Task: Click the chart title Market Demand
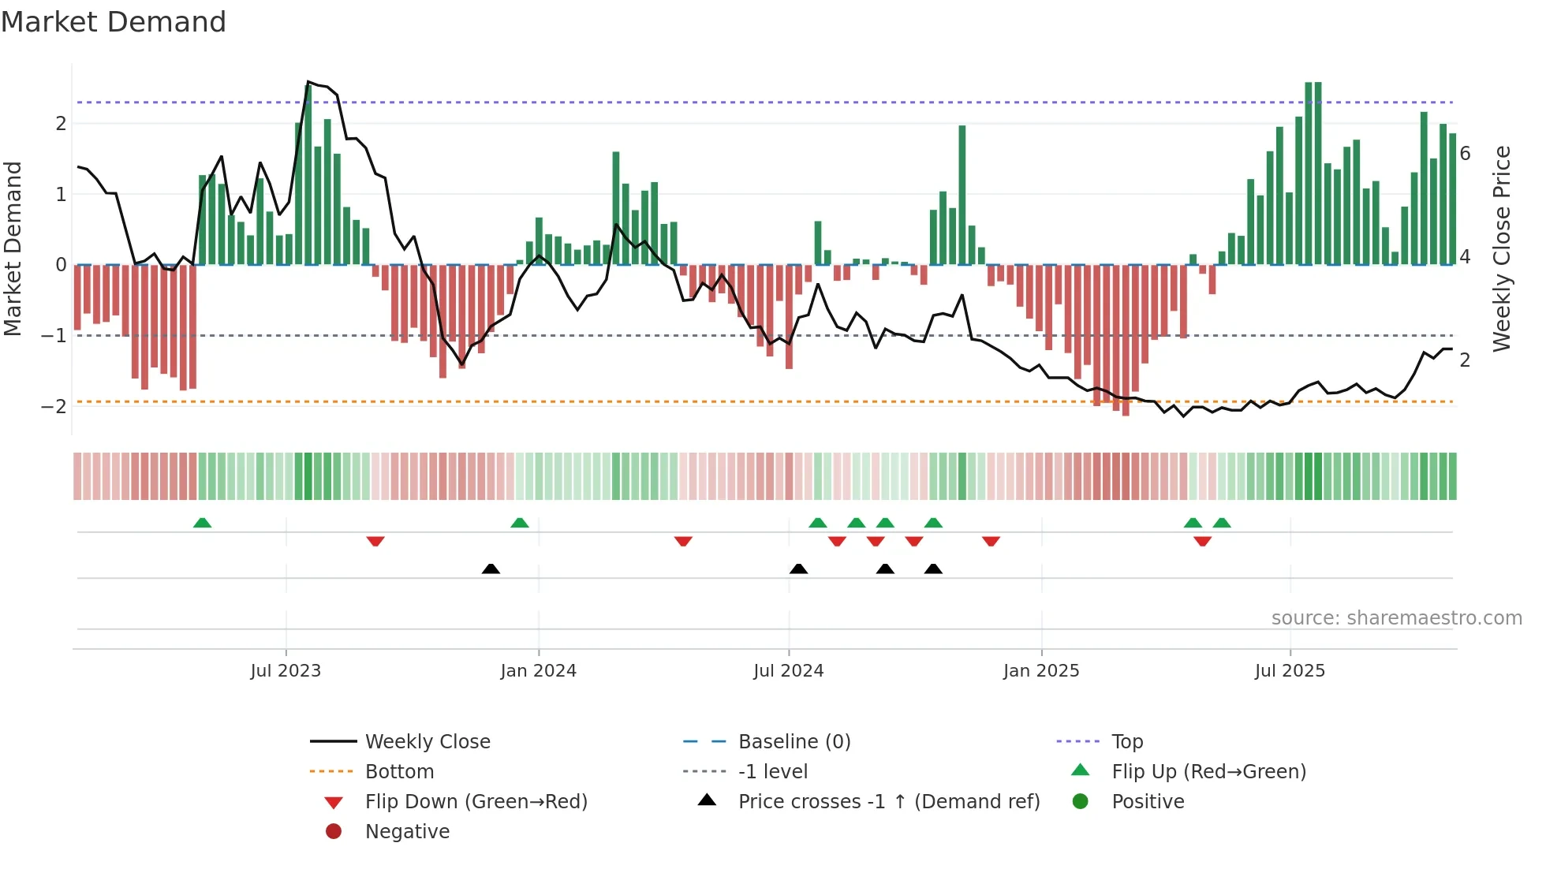pyautogui.click(x=114, y=22)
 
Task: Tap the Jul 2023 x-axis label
pyautogui.click(x=286, y=671)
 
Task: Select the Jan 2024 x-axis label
pyautogui.click(x=538, y=671)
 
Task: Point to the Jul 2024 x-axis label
pyautogui.click(x=788, y=671)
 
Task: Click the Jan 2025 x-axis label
pyautogui.click(x=1041, y=671)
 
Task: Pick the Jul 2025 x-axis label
pyautogui.click(x=1290, y=671)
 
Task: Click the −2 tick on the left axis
pyautogui.click(x=54, y=407)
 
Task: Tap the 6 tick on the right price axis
pyautogui.click(x=1465, y=154)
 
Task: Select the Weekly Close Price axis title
pyautogui.click(x=1502, y=248)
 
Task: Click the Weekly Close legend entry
pyautogui.click(x=428, y=742)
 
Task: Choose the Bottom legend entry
pyautogui.click(x=399, y=772)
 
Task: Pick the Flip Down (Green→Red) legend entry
pyautogui.click(x=476, y=802)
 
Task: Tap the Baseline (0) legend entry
pyautogui.click(x=794, y=742)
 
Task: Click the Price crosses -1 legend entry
pyautogui.click(x=889, y=802)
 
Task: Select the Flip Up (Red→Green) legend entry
pyautogui.click(x=1208, y=772)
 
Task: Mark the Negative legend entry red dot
pyautogui.click(x=334, y=832)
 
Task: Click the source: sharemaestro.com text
pyautogui.click(x=1396, y=618)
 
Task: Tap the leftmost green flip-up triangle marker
pyautogui.click(x=203, y=523)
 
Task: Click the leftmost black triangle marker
pyautogui.click(x=491, y=569)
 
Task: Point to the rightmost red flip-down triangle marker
pyautogui.click(x=1202, y=541)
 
